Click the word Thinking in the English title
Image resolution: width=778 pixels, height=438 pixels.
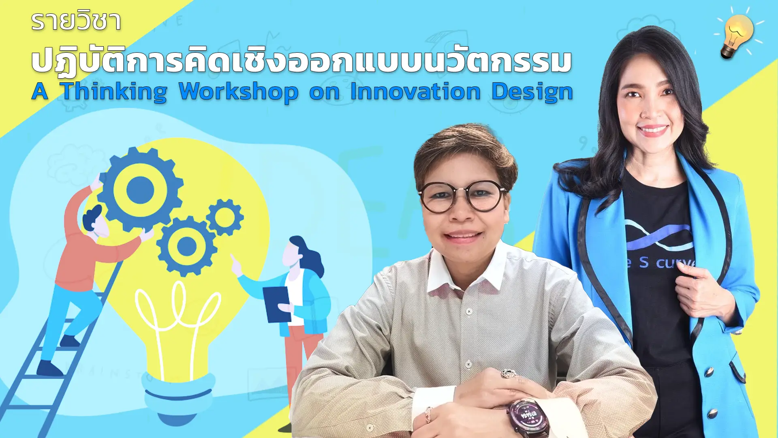coord(114,92)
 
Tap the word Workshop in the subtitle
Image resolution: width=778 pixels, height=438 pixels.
coord(238,92)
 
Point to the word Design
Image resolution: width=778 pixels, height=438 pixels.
coord(532,92)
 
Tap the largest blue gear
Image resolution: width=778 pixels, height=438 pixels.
coord(140,189)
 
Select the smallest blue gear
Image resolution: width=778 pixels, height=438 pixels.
coord(225,217)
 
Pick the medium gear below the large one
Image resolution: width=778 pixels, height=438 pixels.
coord(186,246)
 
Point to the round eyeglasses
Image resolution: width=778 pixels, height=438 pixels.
coord(462,197)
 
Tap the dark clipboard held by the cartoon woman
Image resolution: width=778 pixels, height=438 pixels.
coord(277,304)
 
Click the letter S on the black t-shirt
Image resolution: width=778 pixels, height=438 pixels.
coord(644,262)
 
